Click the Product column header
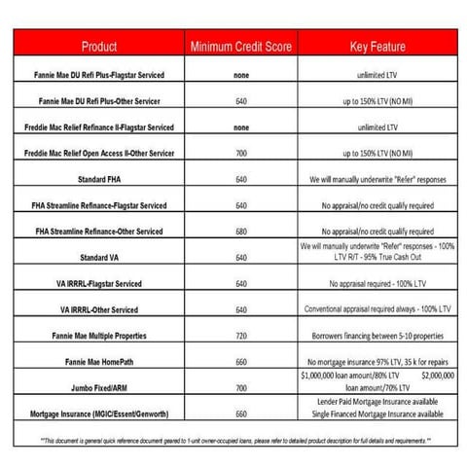[x=99, y=46]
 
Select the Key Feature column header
[x=377, y=46]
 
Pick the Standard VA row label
[x=100, y=258]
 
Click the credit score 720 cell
[x=241, y=335]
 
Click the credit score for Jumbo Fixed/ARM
[x=241, y=386]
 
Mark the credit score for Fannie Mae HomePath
[x=241, y=361]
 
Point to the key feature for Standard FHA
[x=379, y=179]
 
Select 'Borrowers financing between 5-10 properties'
[x=379, y=335]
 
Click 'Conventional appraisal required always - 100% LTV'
[x=379, y=309]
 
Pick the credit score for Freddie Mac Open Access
[x=241, y=153]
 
